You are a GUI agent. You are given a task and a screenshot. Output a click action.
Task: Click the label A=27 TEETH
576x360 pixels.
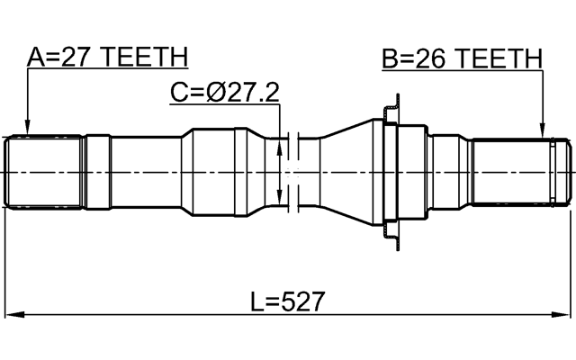pos(107,57)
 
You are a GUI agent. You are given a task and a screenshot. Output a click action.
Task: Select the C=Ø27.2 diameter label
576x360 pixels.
pos(224,92)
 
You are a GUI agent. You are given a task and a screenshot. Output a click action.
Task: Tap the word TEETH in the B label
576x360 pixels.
pos(499,59)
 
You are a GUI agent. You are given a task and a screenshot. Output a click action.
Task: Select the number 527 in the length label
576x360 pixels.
pos(303,301)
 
